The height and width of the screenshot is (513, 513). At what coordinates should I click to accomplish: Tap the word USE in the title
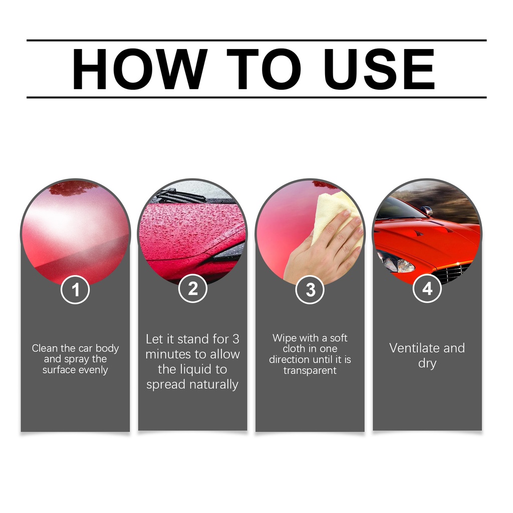[x=379, y=69]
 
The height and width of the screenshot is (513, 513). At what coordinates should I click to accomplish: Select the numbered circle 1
[x=75, y=290]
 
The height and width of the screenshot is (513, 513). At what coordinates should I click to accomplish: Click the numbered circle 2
[x=193, y=289]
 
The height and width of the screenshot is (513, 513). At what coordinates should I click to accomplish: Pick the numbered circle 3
[x=310, y=290]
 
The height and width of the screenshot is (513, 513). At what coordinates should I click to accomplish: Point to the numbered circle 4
[x=427, y=289]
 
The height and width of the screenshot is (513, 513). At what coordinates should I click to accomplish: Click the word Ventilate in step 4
[x=413, y=348]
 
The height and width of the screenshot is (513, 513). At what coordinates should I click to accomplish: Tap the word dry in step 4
[x=427, y=364]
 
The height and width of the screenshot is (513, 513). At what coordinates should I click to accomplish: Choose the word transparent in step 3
[x=310, y=370]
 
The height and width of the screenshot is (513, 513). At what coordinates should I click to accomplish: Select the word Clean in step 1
[x=45, y=348]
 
